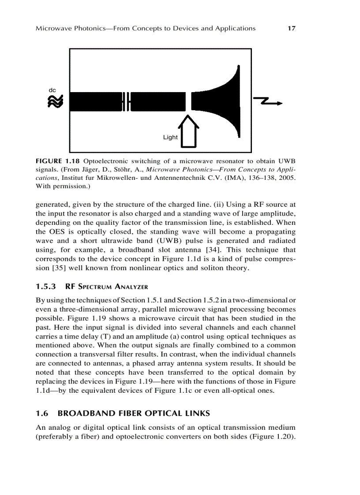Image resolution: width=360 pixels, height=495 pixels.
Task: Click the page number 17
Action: (291, 28)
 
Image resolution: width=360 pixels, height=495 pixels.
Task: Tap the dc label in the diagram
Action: (52, 90)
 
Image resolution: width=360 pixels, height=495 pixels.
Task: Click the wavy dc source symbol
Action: (55, 102)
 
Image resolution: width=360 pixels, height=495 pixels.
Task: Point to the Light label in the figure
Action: (170, 137)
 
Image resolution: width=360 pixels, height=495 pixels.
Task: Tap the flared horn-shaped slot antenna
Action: (221, 101)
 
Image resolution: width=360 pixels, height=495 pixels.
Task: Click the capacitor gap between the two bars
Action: (127, 102)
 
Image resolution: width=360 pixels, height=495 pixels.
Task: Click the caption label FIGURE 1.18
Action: (58, 161)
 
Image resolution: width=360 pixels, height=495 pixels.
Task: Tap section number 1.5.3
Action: (45, 287)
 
